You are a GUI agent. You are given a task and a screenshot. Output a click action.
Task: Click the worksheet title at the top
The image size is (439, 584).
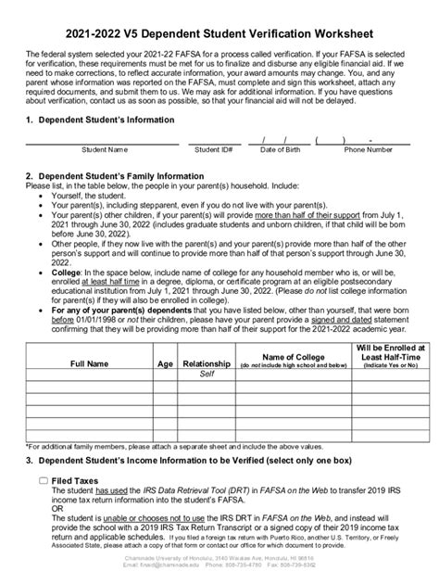pos(219,31)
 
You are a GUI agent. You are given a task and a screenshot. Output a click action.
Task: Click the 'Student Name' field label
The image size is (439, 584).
pos(104,148)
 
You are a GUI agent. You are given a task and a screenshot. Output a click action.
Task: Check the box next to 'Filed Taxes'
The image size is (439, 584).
pos(44,481)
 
